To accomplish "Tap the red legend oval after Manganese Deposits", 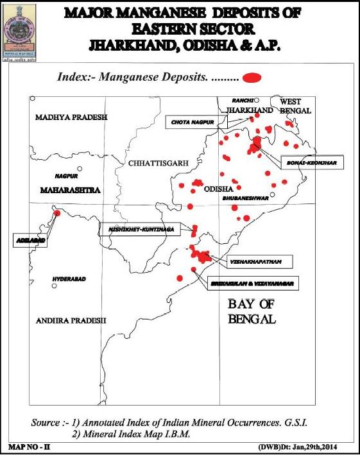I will [253, 78].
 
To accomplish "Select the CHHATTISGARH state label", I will [157, 164].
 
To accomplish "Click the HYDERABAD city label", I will [69, 279].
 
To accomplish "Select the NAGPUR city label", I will [66, 175].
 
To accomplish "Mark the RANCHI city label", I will [243, 101].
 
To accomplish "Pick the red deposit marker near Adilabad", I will [56, 212].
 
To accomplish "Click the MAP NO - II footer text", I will [26, 445].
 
